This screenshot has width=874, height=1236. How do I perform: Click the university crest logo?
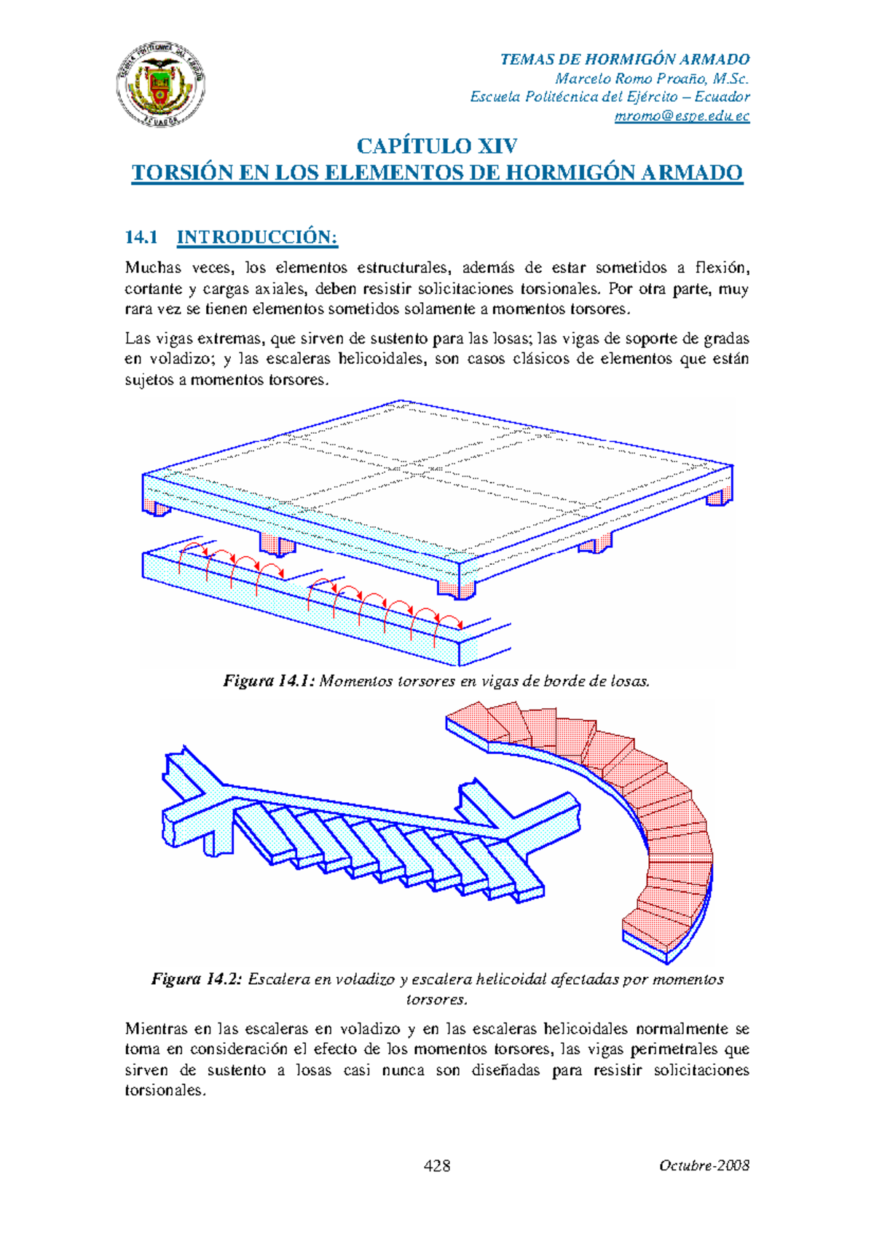click(160, 84)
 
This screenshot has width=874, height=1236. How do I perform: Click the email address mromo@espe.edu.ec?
click(682, 116)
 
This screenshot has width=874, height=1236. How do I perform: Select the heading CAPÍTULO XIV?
click(437, 146)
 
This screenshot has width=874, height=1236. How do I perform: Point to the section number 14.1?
click(141, 237)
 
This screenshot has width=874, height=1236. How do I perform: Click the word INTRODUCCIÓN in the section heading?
click(257, 237)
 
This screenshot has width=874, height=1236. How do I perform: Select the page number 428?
click(437, 1165)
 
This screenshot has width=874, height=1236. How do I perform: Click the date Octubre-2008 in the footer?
click(704, 1165)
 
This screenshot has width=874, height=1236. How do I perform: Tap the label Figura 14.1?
click(269, 681)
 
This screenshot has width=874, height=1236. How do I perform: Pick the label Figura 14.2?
click(197, 979)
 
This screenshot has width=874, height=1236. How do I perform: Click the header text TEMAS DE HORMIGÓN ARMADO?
click(625, 60)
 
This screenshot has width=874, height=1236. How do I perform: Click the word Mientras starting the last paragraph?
click(157, 1029)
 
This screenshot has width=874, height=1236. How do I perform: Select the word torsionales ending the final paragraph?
click(165, 1090)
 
